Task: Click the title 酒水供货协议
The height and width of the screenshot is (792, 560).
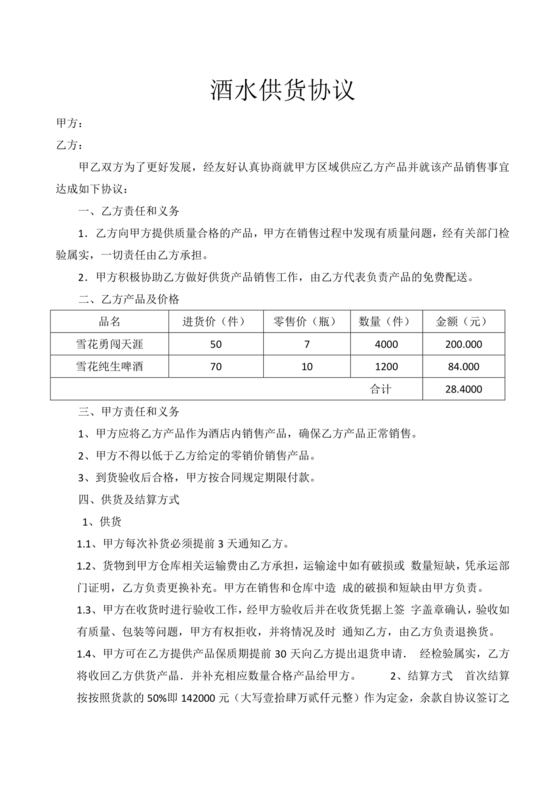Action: (x=280, y=91)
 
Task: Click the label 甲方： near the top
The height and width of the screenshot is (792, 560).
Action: (x=66, y=125)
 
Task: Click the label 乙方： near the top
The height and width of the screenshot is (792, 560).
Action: (x=66, y=144)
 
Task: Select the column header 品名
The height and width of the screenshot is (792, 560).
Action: (x=110, y=322)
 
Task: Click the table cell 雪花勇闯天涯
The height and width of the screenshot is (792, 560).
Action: (x=110, y=344)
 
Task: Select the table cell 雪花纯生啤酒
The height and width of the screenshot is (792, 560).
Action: (x=110, y=366)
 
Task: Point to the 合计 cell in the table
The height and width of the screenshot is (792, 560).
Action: (x=381, y=388)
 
